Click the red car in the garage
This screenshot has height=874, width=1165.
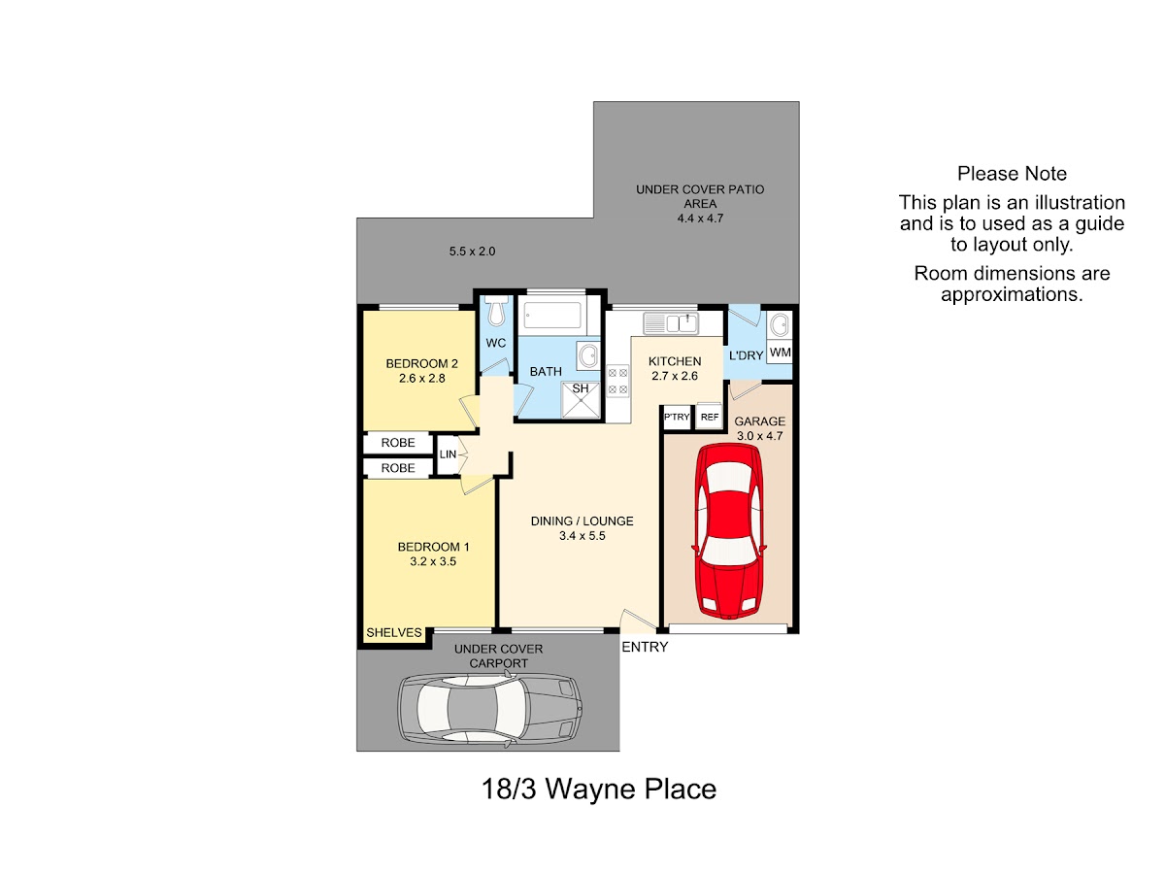click(x=728, y=530)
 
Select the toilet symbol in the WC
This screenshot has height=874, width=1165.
click(x=496, y=311)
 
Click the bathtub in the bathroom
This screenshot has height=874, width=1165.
click(x=552, y=316)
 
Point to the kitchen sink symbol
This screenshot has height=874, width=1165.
click(x=670, y=322)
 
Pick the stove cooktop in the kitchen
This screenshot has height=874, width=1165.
click(x=617, y=381)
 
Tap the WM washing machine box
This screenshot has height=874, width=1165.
click(x=780, y=352)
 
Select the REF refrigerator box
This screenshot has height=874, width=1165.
click(x=709, y=417)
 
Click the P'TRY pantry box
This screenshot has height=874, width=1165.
click(x=677, y=417)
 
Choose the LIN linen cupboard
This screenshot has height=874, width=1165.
click(x=447, y=454)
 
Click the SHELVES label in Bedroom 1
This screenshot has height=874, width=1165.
click(x=394, y=632)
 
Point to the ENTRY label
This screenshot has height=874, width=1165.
click(x=645, y=647)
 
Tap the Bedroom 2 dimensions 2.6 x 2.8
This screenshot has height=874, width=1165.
click(x=422, y=379)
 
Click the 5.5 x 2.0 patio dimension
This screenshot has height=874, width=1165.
click(x=472, y=252)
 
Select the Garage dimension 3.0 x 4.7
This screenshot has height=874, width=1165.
click(x=759, y=436)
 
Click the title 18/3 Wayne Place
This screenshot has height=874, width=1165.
click(x=599, y=790)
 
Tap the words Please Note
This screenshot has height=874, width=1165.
click(x=1012, y=174)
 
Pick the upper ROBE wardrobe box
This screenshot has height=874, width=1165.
click(x=398, y=443)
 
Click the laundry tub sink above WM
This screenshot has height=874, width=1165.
click(x=780, y=324)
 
